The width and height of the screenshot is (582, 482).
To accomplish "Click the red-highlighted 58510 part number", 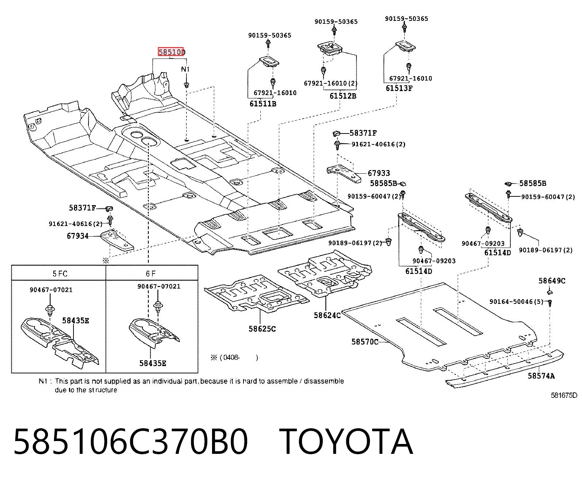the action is point(171,52).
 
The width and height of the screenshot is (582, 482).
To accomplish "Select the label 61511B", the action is point(262,104).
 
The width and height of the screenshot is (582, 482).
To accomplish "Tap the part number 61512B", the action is point(343,96).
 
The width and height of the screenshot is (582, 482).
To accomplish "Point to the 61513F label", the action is point(399,89).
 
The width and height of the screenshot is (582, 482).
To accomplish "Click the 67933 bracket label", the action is point(378,173).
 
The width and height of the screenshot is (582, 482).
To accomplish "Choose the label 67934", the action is point(78,236).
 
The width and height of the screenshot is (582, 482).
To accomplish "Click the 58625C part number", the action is point(262,329).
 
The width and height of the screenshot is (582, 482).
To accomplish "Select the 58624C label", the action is point(327,315).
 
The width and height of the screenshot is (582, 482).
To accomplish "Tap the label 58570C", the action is point(364,342).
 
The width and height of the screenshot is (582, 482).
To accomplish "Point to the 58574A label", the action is point(541,376).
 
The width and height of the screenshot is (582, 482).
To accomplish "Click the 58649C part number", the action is point(552,280).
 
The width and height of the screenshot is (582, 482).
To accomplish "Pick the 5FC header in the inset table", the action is point(60,274).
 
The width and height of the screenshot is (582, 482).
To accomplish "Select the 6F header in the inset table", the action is point(151,274).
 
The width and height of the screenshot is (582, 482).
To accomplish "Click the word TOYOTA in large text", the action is point(345,442).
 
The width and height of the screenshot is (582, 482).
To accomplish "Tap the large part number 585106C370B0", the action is point(131,442).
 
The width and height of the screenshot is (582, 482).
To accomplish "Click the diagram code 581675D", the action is point(564,395).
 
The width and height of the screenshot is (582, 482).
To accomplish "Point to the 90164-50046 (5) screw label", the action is point(516,302).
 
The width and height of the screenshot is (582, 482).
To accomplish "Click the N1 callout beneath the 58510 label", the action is point(185,69).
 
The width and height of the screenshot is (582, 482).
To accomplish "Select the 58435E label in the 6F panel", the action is point(152,363).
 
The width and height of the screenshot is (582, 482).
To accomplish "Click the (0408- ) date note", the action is point(234,358).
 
